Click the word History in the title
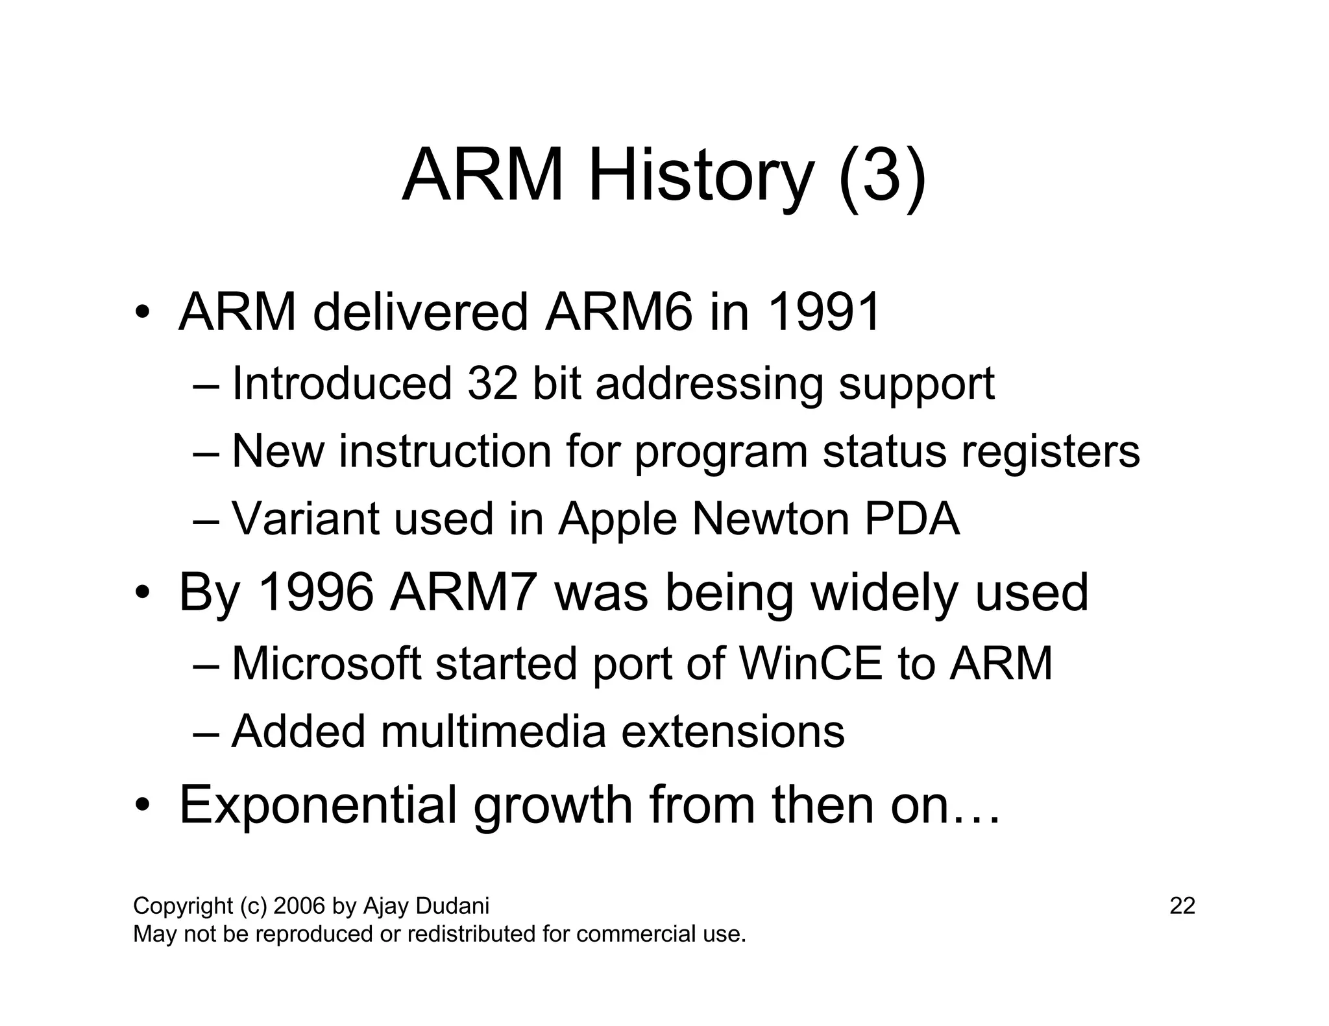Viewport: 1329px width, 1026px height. [x=701, y=176]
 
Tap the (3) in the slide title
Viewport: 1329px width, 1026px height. [x=882, y=176]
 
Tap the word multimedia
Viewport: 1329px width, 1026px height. [x=493, y=732]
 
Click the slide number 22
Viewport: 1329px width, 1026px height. [x=1182, y=905]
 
